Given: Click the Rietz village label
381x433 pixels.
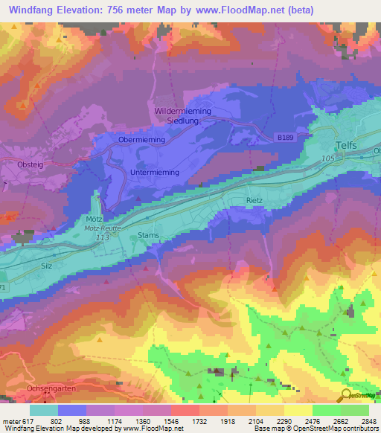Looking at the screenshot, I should point(255,201).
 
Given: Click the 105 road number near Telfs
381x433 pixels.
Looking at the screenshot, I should point(329,158).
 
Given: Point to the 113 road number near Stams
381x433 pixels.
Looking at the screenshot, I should point(103,237).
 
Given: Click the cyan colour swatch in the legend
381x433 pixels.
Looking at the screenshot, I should point(44,410).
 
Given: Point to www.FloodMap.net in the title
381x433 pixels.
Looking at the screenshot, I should point(242,10).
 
